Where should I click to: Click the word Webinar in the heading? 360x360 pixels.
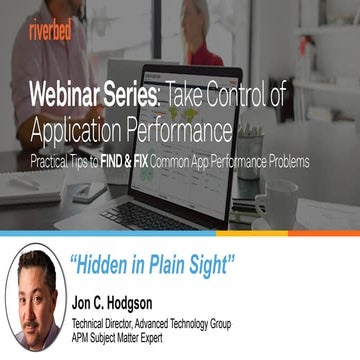tap(69, 98)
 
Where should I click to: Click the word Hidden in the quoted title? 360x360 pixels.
tap(111, 264)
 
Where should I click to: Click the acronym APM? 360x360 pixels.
tap(83, 338)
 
